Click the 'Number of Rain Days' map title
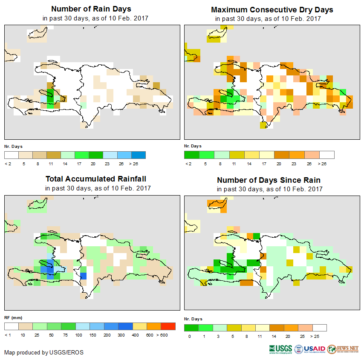[x=91, y=9]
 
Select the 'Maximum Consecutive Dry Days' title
[x=272, y=9]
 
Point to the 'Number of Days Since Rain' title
[x=269, y=180]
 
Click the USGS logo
[x=280, y=349]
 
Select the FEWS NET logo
[x=343, y=349]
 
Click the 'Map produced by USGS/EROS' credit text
[x=44, y=352]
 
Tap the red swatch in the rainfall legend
[x=168, y=326]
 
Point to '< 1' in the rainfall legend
[x=7, y=335]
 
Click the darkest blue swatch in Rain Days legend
[x=139, y=155]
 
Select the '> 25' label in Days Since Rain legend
[x=320, y=336]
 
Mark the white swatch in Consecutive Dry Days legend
[x=327, y=155]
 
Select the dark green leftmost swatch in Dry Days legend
[x=191, y=155]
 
